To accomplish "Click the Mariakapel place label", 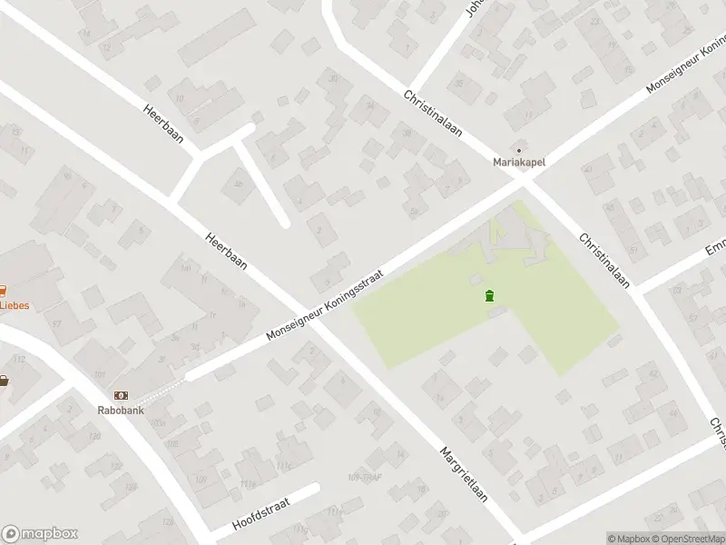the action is pos(519,163).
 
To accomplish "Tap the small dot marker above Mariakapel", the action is pos(519,150).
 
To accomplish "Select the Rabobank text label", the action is pos(121,409).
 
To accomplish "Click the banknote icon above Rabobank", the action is pos(121,395).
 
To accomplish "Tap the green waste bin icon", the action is pos(490,295).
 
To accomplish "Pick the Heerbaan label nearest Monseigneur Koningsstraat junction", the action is pos(226,249).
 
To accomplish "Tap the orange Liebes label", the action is pos(14,305).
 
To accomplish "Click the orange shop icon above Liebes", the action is pos(3,291).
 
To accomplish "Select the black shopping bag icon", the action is pos(4,381).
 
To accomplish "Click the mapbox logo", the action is pos(39,534).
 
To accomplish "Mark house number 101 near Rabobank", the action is pos(99,374).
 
